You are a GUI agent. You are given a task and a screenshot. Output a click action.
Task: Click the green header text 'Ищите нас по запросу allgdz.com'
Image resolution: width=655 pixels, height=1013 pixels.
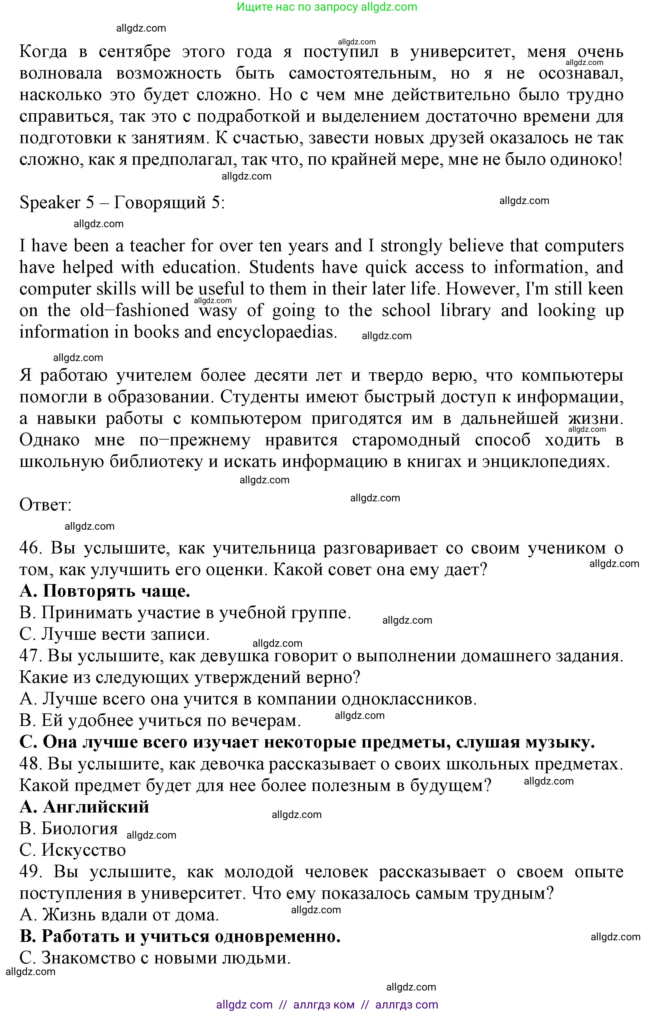click(327, 7)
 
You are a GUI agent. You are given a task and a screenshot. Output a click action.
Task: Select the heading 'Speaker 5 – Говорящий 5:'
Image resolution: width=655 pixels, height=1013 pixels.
click(122, 203)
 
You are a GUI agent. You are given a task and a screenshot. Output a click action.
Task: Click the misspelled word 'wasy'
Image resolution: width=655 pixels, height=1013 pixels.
click(217, 311)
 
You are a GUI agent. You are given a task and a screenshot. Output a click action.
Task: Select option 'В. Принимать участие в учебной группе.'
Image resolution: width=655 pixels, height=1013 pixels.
click(185, 613)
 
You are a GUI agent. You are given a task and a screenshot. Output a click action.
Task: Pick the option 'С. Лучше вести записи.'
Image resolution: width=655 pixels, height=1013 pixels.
click(114, 635)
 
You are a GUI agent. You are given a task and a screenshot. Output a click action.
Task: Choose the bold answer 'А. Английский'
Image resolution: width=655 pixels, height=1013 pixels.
click(84, 807)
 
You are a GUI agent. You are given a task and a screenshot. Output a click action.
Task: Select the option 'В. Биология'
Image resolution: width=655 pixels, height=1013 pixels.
click(68, 829)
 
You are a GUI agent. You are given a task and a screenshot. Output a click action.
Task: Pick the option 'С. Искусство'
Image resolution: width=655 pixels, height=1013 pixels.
click(73, 850)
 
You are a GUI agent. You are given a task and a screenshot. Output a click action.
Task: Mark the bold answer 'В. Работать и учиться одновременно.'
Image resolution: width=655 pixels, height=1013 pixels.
click(180, 936)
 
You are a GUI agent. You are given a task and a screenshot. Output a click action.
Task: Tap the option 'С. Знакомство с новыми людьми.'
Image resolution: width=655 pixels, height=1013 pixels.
click(155, 958)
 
